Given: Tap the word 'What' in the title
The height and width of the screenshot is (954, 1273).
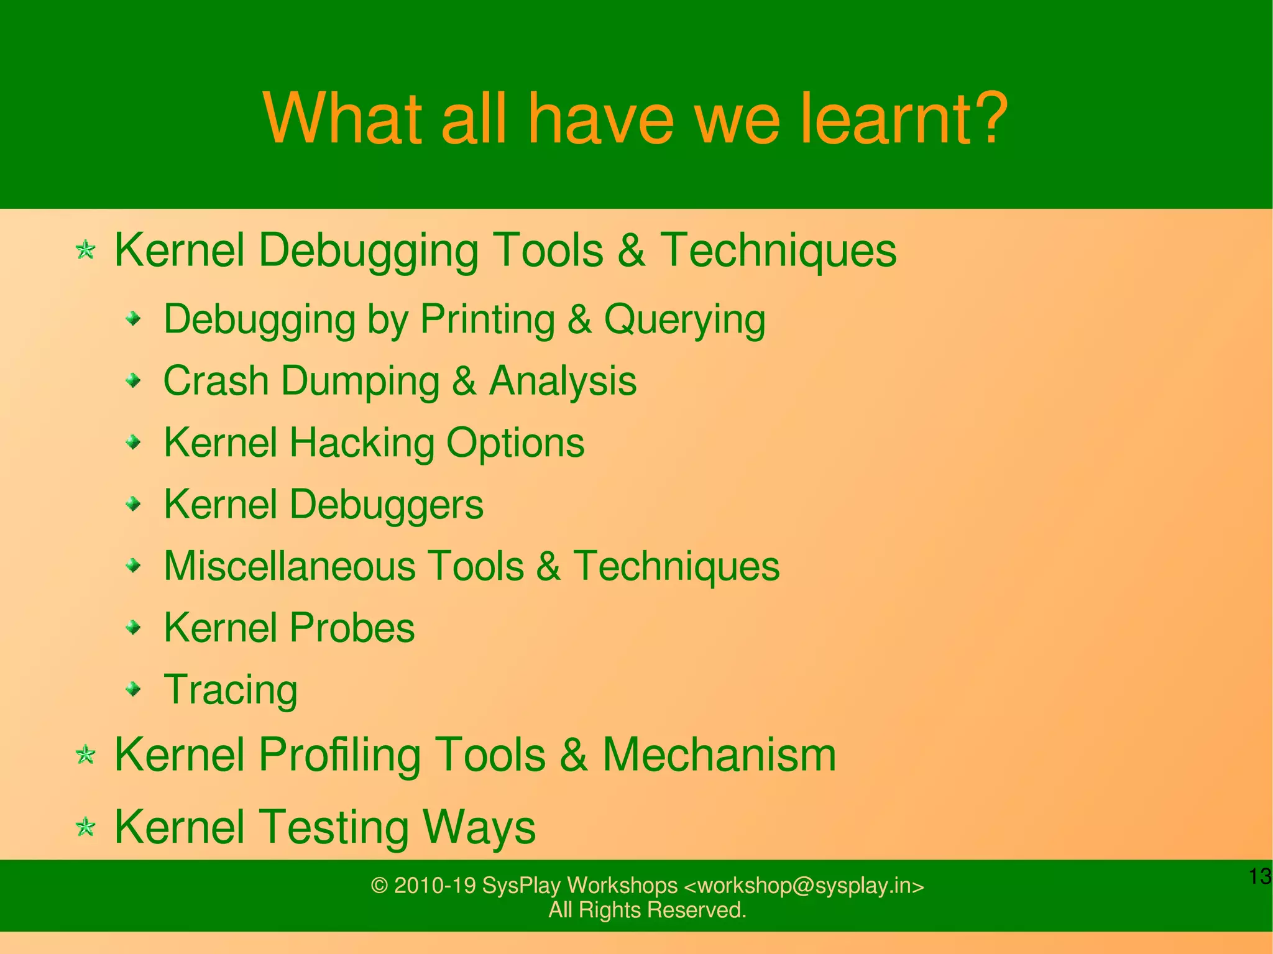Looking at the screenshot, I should pyautogui.click(x=344, y=118).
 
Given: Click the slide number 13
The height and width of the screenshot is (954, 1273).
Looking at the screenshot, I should pyautogui.click(x=1260, y=876).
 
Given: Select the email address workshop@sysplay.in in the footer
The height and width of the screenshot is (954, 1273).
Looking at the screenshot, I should pyautogui.click(x=804, y=885).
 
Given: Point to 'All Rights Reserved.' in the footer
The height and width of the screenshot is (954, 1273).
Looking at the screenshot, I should pyautogui.click(x=647, y=910).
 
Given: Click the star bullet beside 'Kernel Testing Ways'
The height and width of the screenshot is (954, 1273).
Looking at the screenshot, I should pyautogui.click(x=85, y=827).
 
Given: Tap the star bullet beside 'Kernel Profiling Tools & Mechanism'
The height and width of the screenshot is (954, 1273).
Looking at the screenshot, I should pyautogui.click(x=85, y=755).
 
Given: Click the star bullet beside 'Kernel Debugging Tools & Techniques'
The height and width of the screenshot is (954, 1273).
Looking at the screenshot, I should pyautogui.click(x=85, y=250).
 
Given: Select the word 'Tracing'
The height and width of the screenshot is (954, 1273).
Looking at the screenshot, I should pyautogui.click(x=231, y=690).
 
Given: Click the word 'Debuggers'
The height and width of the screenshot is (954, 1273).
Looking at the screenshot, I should pyautogui.click(x=386, y=504).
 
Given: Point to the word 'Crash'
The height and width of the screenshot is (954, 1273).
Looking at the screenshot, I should pyautogui.click(x=216, y=380).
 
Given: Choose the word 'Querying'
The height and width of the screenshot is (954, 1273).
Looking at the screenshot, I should pyautogui.click(x=684, y=319).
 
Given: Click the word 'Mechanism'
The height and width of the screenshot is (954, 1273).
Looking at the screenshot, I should pyautogui.click(x=719, y=755).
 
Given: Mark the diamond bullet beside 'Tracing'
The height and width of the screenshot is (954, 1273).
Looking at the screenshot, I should pyautogui.click(x=133, y=689).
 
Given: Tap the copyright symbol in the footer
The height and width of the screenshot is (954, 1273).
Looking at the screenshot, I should pyautogui.click(x=379, y=886).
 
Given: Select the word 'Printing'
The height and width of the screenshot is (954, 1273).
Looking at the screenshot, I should pyautogui.click(x=487, y=319).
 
